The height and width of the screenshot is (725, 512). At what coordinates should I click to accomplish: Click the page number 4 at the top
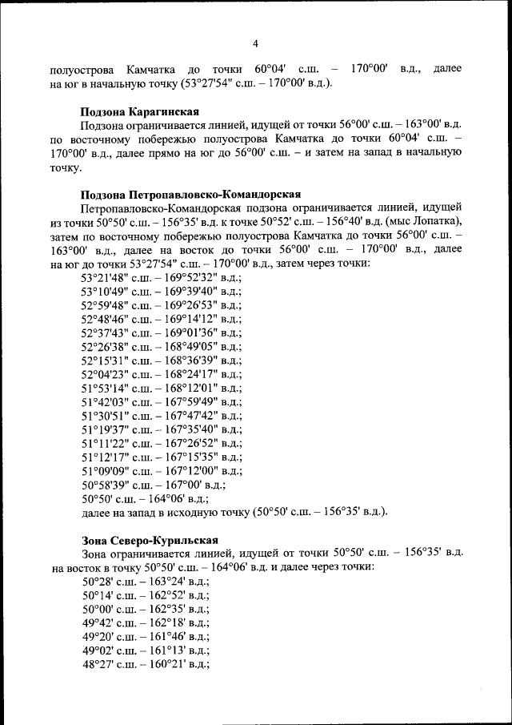coord(255,43)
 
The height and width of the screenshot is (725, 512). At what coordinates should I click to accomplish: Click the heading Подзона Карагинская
coord(140,111)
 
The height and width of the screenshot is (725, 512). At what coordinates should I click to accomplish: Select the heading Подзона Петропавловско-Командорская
coord(190,195)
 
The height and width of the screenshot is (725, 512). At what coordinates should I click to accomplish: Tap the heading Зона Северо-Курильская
coord(150,539)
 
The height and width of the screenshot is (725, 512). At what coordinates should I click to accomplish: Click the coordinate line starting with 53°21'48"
coord(161,277)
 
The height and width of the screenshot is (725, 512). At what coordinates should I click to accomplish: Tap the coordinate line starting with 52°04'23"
coord(161,374)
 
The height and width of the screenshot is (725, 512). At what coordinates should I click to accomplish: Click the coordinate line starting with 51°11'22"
coord(161,443)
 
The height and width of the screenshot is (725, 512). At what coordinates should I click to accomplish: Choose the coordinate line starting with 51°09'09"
coord(161,470)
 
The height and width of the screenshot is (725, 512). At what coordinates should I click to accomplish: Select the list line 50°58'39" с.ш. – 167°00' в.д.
coord(154,484)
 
